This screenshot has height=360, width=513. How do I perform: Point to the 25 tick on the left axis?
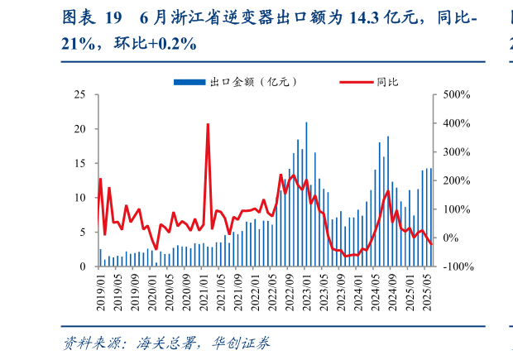click(80, 94)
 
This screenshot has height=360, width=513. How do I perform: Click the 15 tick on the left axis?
click(80, 163)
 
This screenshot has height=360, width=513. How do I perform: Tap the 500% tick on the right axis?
click(457, 94)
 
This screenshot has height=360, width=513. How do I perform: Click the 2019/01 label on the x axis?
click(101, 290)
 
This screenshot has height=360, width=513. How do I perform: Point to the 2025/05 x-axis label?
click(427, 290)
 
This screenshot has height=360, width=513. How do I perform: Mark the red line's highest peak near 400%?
click(208, 124)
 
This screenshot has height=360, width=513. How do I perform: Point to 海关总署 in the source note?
click(162, 343)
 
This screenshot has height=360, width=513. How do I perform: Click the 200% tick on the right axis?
click(457, 180)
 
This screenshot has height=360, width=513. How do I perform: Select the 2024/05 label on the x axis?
click(376, 290)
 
